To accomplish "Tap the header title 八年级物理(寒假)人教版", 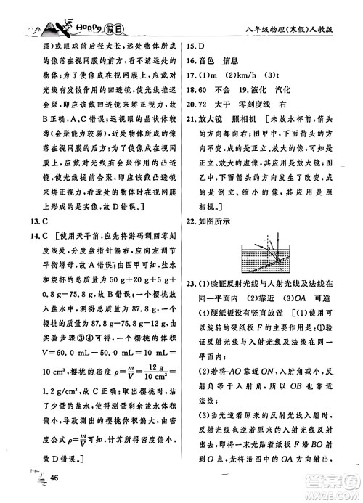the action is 297,30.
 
